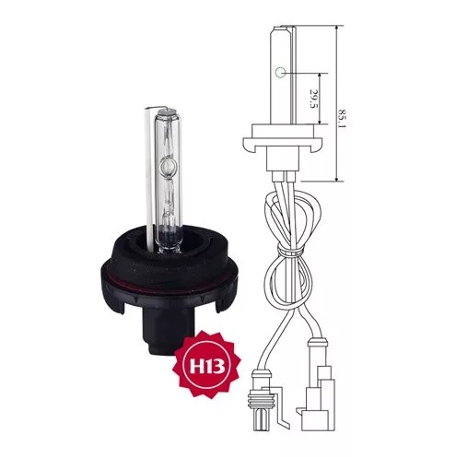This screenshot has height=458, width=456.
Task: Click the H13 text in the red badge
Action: tap(207, 366)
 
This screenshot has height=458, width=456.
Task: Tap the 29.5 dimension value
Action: tap(313, 99)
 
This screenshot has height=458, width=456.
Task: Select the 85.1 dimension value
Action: tap(343, 119)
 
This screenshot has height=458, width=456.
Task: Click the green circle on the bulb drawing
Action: tap(280, 73)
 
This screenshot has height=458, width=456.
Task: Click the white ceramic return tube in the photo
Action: tap(150, 178)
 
